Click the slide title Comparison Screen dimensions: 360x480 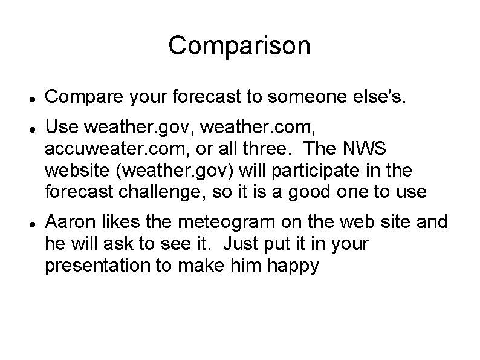[x=239, y=45]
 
